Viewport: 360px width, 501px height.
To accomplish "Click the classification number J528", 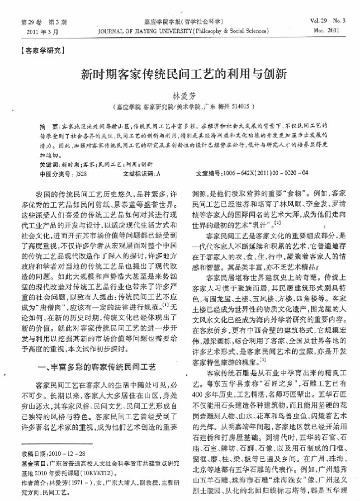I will (x=80, y=173).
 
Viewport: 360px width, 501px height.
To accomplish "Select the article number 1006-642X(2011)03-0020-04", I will (x=265, y=173).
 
